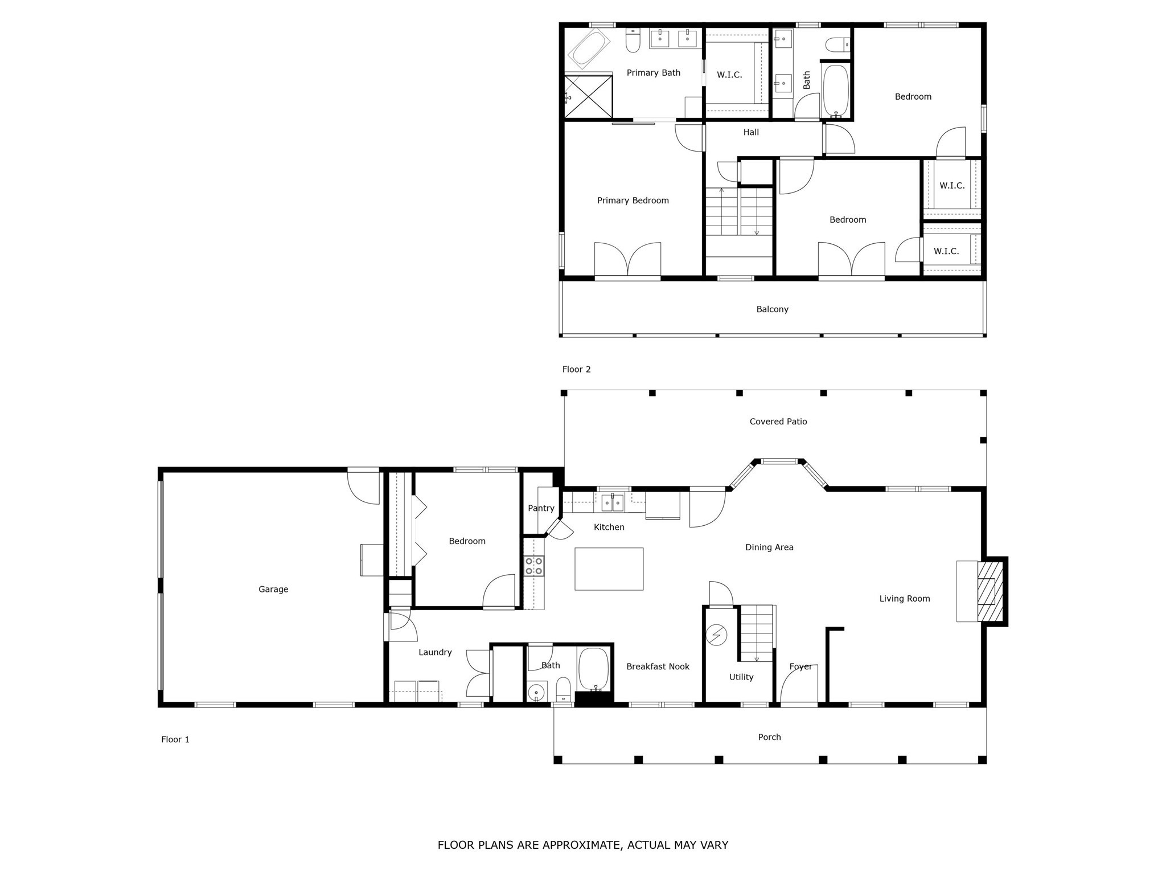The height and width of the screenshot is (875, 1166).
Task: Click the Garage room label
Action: [x=273, y=590]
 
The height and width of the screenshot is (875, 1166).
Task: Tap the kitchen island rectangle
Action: [x=609, y=569]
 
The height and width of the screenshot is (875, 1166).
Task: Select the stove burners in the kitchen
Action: [x=534, y=566]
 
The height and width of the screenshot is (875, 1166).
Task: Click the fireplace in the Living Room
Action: [x=990, y=591]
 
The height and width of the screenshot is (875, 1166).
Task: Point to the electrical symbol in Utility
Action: [x=716, y=635]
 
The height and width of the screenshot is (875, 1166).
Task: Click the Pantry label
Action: [x=541, y=508]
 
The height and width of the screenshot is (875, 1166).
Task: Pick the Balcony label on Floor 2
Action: [x=772, y=309]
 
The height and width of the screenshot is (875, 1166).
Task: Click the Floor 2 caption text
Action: [x=576, y=369]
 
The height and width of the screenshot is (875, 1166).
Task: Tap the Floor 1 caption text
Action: [x=175, y=739]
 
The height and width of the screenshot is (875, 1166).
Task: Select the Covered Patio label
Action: [x=778, y=422]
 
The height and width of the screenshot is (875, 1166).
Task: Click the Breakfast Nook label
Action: [x=658, y=667]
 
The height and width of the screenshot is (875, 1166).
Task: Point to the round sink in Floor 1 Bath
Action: [x=536, y=693]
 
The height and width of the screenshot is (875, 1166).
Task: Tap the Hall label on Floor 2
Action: [x=751, y=132]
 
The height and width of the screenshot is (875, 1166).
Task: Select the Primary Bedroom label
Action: [x=633, y=201]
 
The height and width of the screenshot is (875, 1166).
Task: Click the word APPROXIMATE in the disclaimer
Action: [x=580, y=845]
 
